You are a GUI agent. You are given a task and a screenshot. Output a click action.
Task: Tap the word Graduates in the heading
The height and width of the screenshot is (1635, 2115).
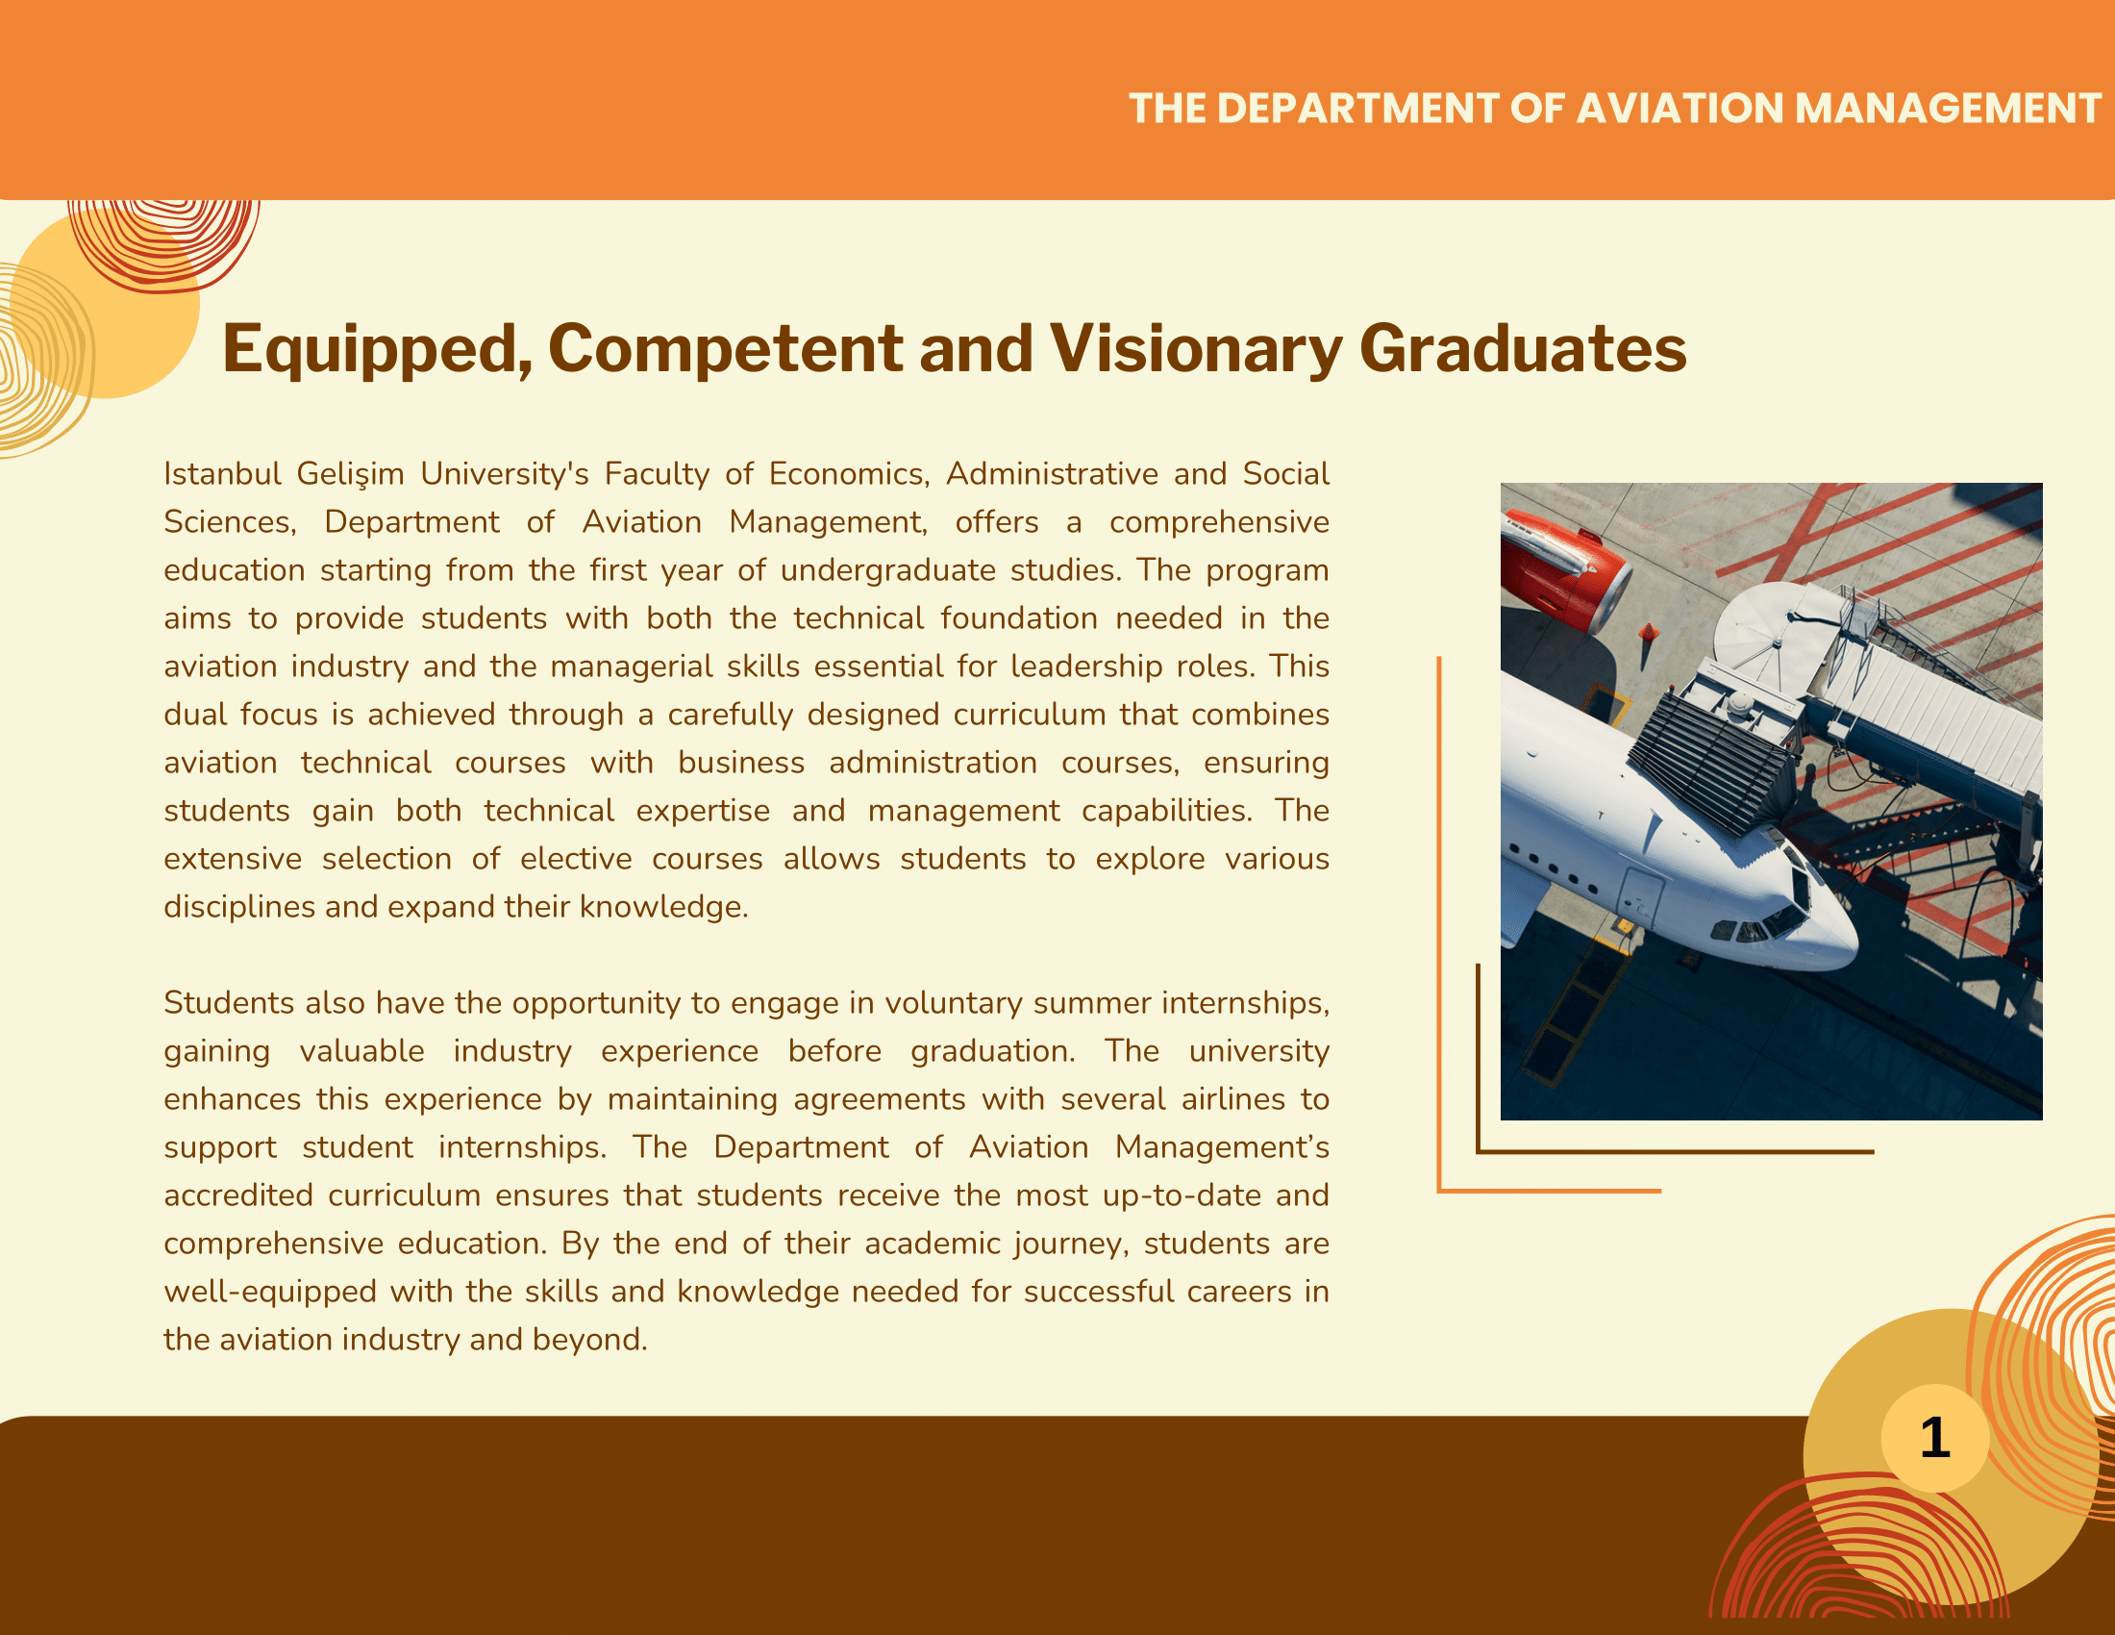coord(1524,349)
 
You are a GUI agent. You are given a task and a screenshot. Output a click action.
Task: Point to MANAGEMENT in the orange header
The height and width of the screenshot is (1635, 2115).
coord(1949,109)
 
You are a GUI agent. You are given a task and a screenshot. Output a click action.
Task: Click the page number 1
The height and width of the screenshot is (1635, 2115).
coord(1935,1438)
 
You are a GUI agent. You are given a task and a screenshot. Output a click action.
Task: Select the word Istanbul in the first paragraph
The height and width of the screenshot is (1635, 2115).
coord(223,473)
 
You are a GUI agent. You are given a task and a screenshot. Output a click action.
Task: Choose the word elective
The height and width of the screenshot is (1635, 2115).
coord(575,859)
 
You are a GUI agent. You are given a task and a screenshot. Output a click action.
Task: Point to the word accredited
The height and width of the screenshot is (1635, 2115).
coord(238,1195)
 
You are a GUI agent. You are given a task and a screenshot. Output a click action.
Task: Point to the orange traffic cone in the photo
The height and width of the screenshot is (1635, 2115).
coord(1648,634)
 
